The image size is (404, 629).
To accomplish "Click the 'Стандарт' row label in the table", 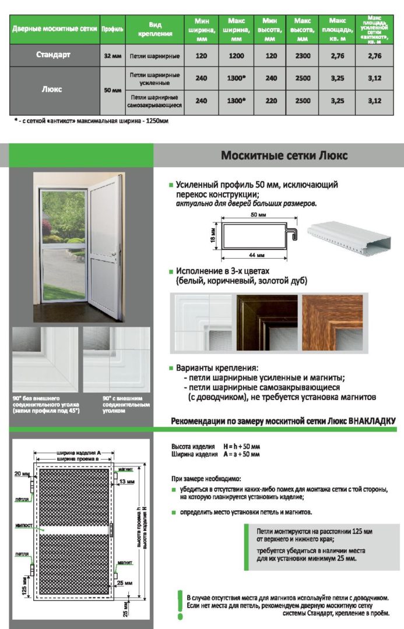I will (53, 55).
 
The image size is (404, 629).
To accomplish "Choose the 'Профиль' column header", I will (111, 29).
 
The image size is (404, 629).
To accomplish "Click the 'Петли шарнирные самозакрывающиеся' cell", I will (154, 101).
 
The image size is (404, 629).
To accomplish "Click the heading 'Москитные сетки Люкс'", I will (284, 156).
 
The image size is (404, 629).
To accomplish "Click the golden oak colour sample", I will (332, 322).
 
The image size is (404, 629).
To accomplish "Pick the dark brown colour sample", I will (266, 322).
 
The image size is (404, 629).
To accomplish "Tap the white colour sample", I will (201, 322).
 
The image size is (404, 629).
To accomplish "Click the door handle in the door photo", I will (115, 253).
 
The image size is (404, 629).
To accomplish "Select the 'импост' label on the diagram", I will (23, 526).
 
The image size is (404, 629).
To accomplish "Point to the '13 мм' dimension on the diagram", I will (125, 482).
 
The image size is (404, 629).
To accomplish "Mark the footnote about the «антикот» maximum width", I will (91, 121).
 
